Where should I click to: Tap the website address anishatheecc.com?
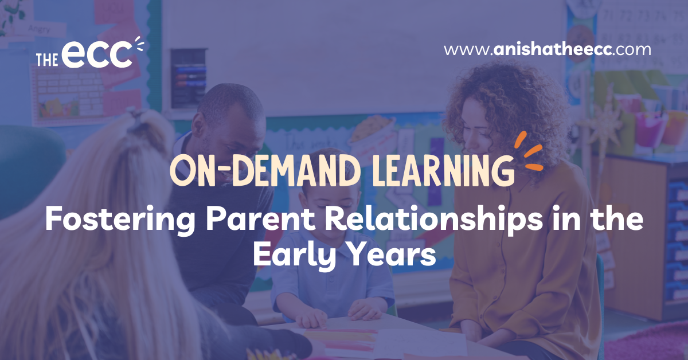point(548,50)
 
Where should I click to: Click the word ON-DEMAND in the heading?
point(265,170)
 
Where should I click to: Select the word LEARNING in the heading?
point(444,170)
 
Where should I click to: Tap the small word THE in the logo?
point(47,60)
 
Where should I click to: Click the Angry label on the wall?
point(39,29)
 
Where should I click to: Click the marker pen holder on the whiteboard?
point(188,79)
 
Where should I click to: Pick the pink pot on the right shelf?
point(648,129)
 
